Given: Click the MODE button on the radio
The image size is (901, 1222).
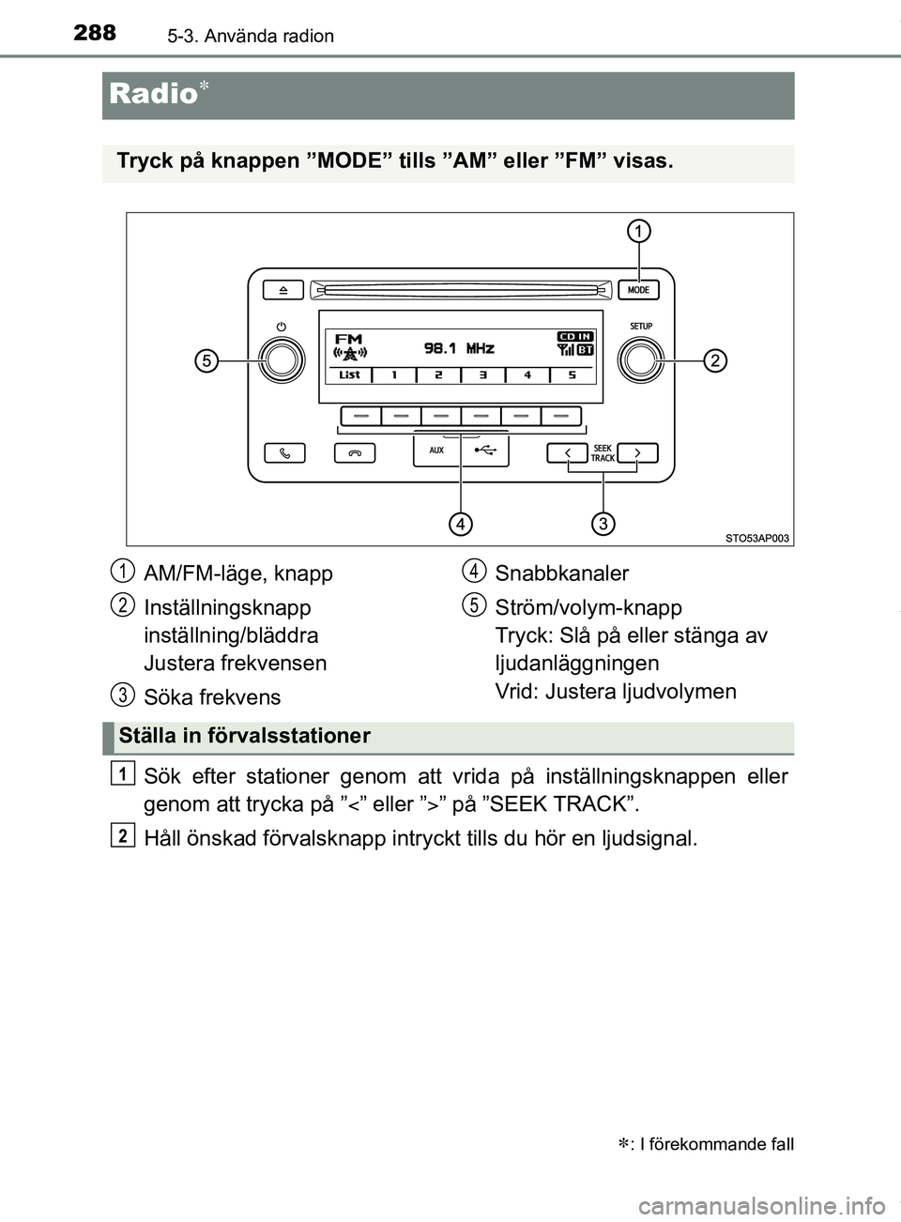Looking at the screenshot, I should pos(638,290).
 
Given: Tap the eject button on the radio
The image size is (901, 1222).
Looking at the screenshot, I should pos(283,290).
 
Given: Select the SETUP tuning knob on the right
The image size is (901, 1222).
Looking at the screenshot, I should pos(641,359).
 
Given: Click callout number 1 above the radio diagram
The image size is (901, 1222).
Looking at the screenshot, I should pos(639,231).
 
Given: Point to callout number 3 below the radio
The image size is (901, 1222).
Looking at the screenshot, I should pos(603,523).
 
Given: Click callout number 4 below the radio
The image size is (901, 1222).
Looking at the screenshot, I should pos(460,523).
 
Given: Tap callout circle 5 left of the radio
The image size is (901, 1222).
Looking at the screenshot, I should pos(207,360).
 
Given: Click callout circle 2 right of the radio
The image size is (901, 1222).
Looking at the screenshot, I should pos(715,360).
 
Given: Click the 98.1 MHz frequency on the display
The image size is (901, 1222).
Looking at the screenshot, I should pos(459,348).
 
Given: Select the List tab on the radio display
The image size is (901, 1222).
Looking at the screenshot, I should pos(349,374).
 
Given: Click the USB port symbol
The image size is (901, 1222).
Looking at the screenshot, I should pos(484,451).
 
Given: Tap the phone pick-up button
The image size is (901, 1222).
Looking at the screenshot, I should pos(284,453).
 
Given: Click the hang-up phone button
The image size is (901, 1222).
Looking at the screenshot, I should pos(355,453).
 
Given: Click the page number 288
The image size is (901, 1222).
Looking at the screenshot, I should pos(95,33).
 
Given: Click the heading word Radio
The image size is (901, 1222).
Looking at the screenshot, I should pos(153,94).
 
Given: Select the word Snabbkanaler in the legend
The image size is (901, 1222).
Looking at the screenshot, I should pos(561,573).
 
